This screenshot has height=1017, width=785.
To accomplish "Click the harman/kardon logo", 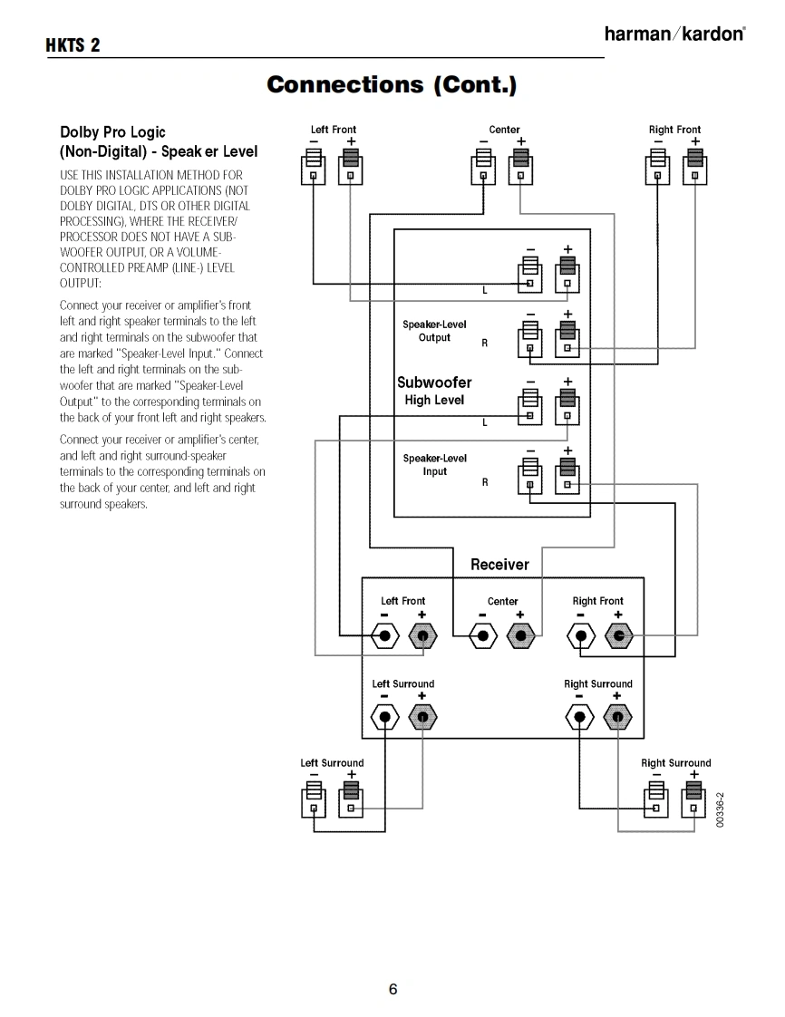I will click(674, 34).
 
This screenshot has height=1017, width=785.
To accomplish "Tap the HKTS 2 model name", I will click(73, 46).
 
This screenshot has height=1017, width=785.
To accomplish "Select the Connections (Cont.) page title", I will click(392, 85).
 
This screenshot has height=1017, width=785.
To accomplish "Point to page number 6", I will click(392, 989).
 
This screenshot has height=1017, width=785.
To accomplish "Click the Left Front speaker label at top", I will click(334, 130).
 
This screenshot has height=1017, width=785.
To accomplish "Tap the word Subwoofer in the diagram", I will click(434, 383).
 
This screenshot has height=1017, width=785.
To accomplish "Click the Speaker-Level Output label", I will click(434, 331).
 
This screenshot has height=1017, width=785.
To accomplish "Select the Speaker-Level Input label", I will click(434, 464).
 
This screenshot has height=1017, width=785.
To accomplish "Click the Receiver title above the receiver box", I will click(499, 565).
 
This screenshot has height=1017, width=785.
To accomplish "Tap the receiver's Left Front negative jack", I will click(385, 635).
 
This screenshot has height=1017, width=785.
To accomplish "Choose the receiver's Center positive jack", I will click(519, 635).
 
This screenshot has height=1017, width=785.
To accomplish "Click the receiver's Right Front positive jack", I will click(617, 635).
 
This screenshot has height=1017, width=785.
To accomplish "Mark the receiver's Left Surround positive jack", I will click(422, 718).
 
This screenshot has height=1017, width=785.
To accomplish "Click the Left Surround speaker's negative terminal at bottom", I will click(314, 800).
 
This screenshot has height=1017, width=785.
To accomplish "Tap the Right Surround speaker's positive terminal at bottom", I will click(694, 800).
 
